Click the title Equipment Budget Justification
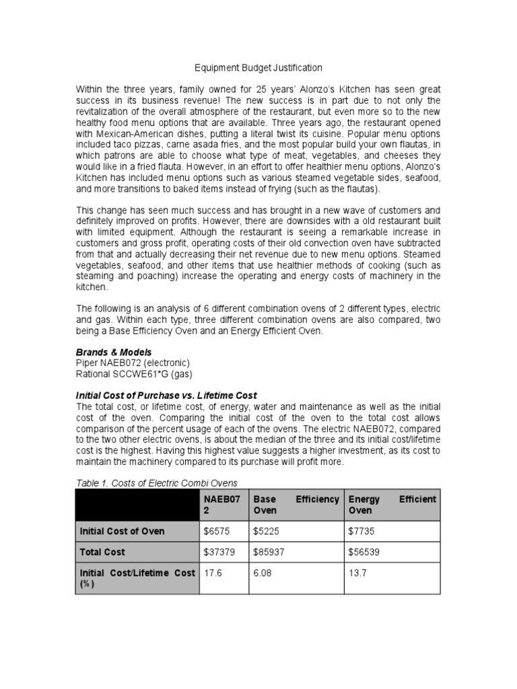(x=258, y=68)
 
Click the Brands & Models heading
(x=114, y=352)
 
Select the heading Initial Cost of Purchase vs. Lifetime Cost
(x=166, y=395)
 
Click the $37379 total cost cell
(x=219, y=552)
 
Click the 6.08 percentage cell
(x=263, y=573)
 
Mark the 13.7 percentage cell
(x=357, y=573)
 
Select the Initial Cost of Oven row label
(x=122, y=532)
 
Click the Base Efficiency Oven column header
(x=296, y=505)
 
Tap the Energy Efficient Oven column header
(x=392, y=505)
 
